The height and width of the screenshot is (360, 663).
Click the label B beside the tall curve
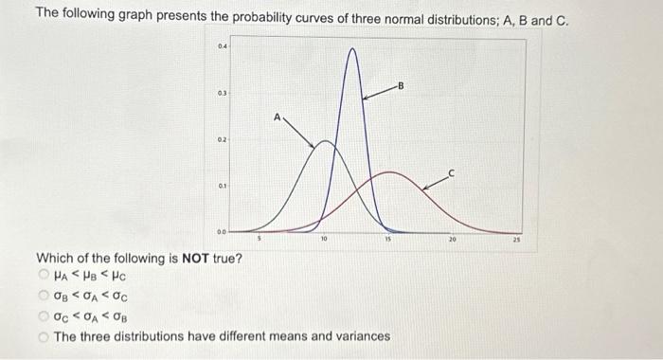tap(402, 86)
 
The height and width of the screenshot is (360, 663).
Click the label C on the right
tap(452, 172)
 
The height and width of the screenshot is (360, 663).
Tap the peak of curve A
tap(325, 142)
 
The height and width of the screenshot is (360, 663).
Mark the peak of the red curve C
tap(388, 172)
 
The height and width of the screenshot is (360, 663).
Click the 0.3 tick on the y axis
tap(221, 93)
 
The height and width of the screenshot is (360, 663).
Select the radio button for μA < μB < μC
tap(44, 276)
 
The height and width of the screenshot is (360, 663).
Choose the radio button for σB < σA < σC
tap(44, 296)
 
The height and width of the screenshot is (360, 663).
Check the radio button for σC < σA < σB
tap(44, 315)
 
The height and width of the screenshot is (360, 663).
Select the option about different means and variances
tap(44, 335)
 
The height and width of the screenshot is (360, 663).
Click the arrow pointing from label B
tap(379, 92)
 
